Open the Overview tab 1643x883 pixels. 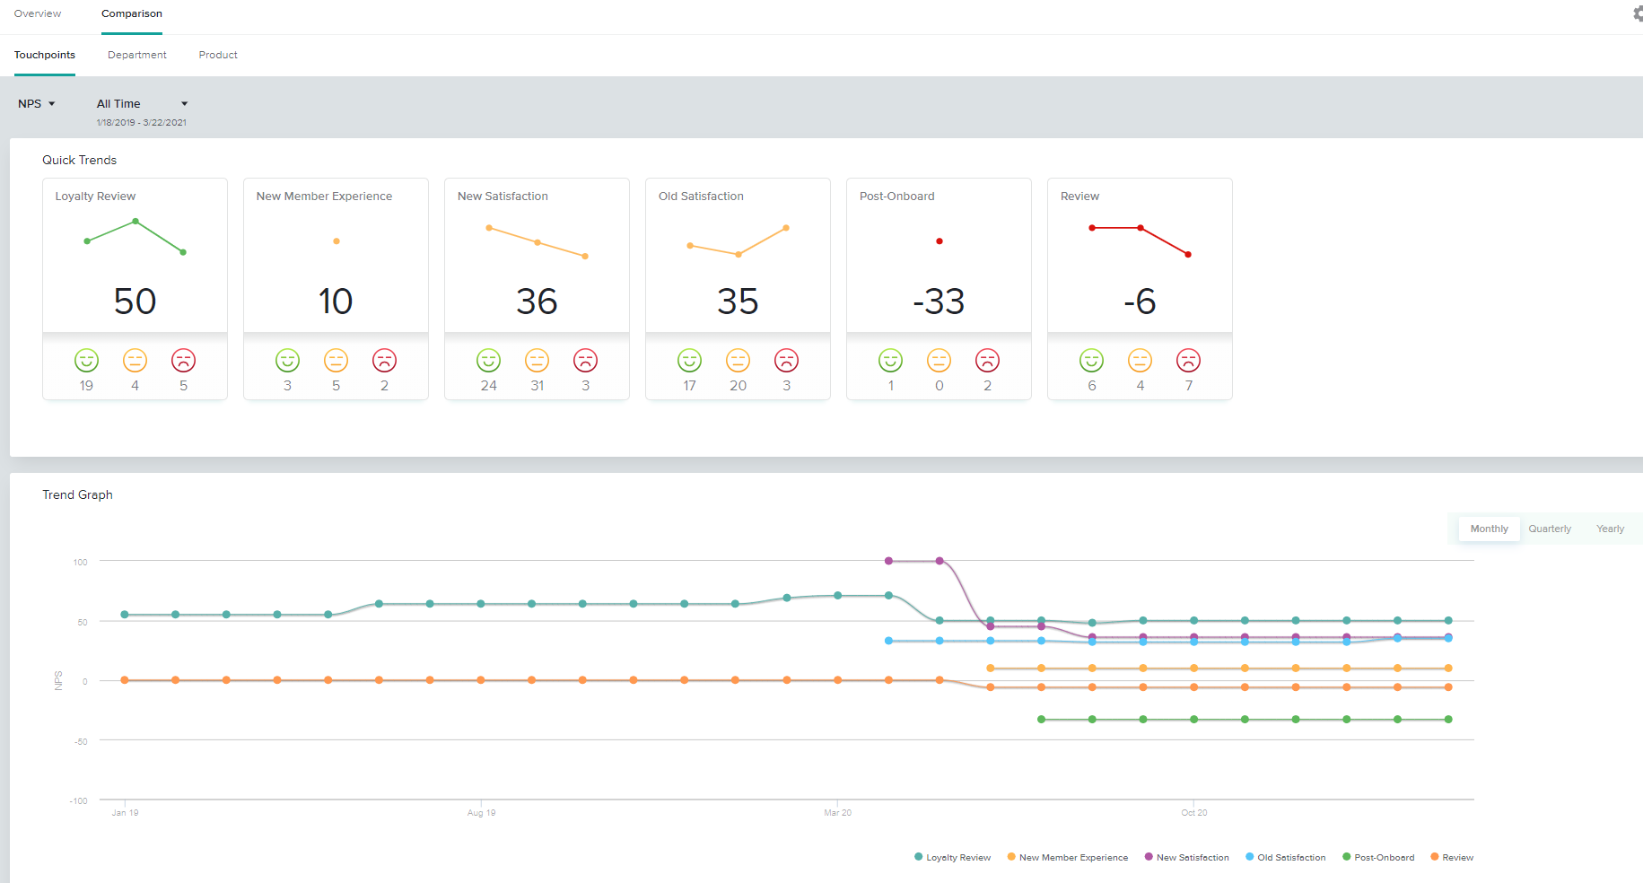pyautogui.click(x=38, y=13)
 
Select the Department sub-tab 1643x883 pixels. pyautogui.click(x=137, y=55)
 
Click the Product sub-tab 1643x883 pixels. pyautogui.click(x=218, y=55)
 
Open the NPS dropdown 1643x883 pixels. pyautogui.click(x=37, y=104)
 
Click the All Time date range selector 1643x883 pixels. pyautogui.click(x=142, y=104)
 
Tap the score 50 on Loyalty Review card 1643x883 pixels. pyautogui.click(x=135, y=302)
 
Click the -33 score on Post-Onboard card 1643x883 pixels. pyautogui.click(x=939, y=302)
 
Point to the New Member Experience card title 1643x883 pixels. pyautogui.click(x=324, y=197)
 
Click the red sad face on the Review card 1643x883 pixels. pyautogui.click(x=1188, y=361)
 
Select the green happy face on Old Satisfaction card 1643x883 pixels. pyautogui.click(x=689, y=361)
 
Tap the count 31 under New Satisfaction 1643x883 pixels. pyautogui.click(x=537, y=386)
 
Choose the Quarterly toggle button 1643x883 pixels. pyautogui.click(x=1550, y=529)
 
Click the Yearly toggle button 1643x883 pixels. pyautogui.click(x=1610, y=529)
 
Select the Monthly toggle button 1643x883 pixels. pyautogui.click(x=1489, y=529)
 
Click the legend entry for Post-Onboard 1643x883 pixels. pyautogui.click(x=1378, y=858)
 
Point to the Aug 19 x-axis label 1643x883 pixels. pyautogui.click(x=481, y=813)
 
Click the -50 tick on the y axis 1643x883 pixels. pyautogui.click(x=81, y=742)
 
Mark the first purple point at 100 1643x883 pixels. pyautogui.click(x=888, y=561)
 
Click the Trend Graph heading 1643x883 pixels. pyautogui.click(x=77, y=495)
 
